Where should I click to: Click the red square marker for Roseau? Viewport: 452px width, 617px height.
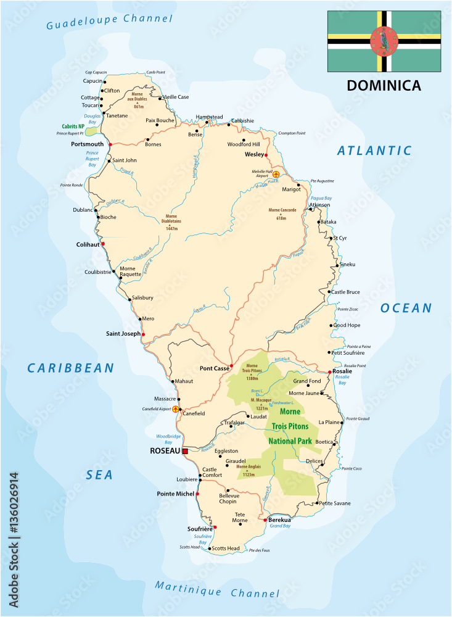[184, 451]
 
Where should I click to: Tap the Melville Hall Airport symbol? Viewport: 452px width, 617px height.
[276, 175]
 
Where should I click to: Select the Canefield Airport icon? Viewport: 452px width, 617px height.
[176, 408]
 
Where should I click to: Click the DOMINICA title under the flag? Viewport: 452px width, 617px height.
[384, 86]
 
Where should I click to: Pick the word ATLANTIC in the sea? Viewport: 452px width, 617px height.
[374, 150]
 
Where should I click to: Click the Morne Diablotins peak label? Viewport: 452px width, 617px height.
[171, 219]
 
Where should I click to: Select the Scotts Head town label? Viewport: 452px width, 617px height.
[226, 548]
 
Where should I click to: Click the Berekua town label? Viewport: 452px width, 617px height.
[280, 520]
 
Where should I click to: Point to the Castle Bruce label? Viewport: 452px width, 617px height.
[346, 292]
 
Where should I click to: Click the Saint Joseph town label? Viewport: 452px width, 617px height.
[123, 334]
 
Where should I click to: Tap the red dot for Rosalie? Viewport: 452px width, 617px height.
[327, 371]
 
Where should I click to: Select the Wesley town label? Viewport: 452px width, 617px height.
[254, 154]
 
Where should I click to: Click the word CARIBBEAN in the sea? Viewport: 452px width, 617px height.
[71, 368]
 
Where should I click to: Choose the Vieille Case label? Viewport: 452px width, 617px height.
[175, 97]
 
